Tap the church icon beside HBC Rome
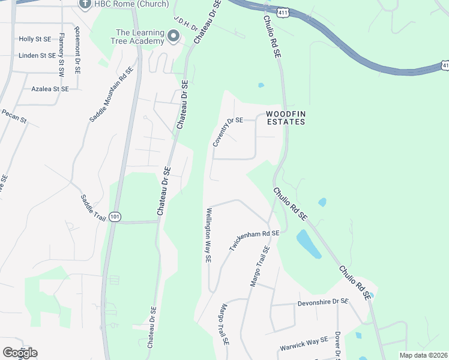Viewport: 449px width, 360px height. (x=85, y=4)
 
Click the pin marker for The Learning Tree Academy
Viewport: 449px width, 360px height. (x=173, y=37)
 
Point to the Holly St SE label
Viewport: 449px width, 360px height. (x=35, y=39)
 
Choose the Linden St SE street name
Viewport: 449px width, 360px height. (x=37, y=55)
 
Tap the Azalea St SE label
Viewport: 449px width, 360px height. (x=50, y=89)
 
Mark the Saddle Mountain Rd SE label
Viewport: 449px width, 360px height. (x=110, y=95)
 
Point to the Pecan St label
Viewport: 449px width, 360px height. (x=14, y=116)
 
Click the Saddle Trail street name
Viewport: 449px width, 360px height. (x=93, y=208)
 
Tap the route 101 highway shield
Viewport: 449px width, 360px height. (x=115, y=216)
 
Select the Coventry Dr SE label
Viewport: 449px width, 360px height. (x=227, y=132)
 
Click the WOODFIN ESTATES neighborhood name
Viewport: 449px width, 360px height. (x=286, y=118)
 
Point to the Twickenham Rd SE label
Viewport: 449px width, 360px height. (x=255, y=240)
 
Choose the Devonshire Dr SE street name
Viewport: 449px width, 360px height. (x=323, y=302)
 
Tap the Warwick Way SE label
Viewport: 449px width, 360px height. (x=304, y=344)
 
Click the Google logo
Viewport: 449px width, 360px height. (x=20, y=353)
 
